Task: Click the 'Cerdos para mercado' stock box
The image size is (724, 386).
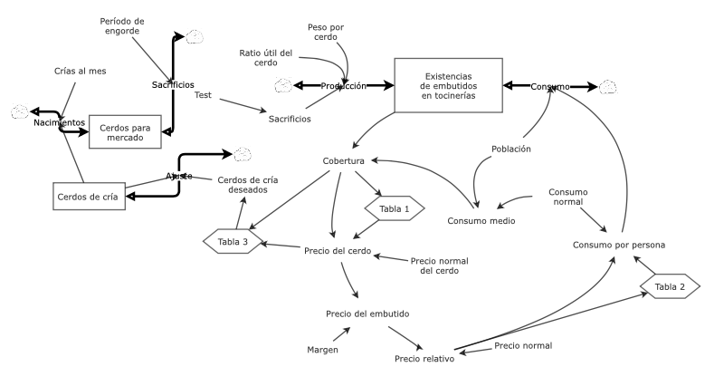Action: pyautogui.click(x=125, y=133)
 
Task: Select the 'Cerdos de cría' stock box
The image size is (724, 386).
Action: pyautogui.click(x=88, y=196)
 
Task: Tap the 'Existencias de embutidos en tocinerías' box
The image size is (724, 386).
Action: pyautogui.click(x=447, y=86)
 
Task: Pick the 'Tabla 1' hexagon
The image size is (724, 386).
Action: pyautogui.click(x=394, y=208)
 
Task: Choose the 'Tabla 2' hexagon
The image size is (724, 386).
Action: pyautogui.click(x=671, y=286)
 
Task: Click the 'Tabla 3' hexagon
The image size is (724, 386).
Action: pyautogui.click(x=233, y=241)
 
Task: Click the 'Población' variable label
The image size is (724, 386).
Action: pyautogui.click(x=511, y=149)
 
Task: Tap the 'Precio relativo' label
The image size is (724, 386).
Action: pyautogui.click(x=424, y=359)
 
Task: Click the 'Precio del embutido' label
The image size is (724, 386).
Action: pyautogui.click(x=367, y=314)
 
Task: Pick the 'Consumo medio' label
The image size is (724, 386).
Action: pyautogui.click(x=481, y=221)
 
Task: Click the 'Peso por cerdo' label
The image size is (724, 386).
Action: pyautogui.click(x=326, y=33)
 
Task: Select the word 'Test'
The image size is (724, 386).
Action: pyautogui.click(x=203, y=94)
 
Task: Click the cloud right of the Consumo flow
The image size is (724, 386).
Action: pyautogui.click(x=608, y=86)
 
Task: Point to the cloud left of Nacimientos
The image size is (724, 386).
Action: pyautogui.click(x=20, y=111)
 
